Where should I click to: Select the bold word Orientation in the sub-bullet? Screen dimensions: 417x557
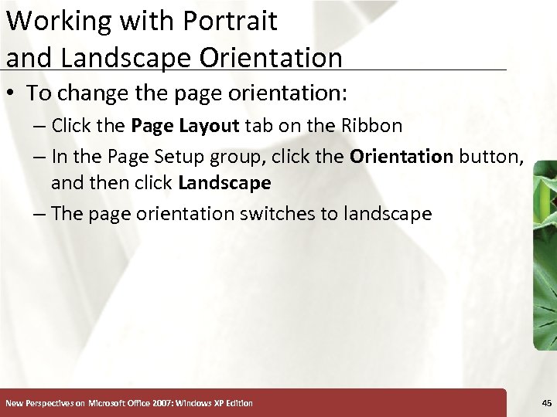[402, 157]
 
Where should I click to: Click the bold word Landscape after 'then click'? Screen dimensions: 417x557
[224, 183]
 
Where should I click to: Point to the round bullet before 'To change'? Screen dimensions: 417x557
[12, 94]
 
